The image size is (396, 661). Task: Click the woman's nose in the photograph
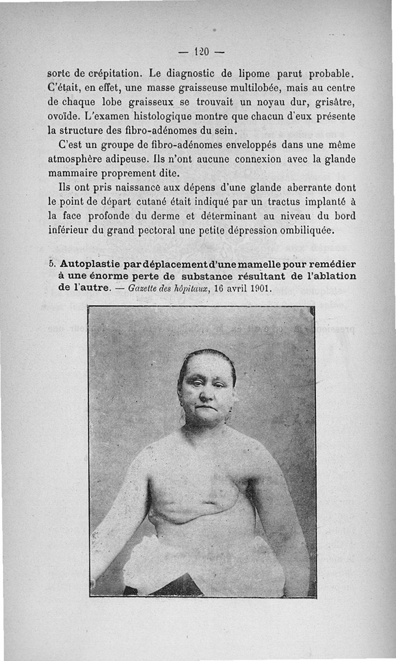coord(204,396)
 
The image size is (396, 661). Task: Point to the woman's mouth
coord(205,408)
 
